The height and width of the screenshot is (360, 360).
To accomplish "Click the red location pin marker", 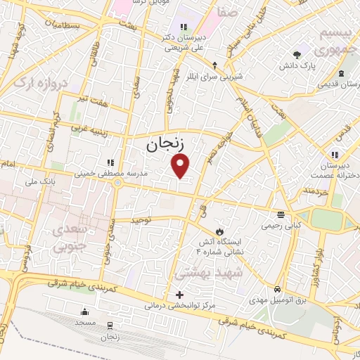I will coord(181,166).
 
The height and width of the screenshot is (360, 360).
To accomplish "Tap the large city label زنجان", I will coord(165,145).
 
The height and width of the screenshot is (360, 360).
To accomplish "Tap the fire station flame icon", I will coord(220,231).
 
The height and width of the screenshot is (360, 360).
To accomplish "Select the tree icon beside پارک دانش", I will coord(297,54).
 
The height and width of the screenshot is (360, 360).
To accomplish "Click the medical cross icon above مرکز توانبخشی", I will coord(180,294).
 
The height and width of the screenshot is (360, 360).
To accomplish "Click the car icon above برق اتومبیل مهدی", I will coord(278,289).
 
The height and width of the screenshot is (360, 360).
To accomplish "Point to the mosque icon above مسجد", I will coord(85,311).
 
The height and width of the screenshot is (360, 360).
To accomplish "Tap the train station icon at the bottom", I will coord(110,326).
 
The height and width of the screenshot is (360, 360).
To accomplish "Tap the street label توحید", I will coord(142,220).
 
